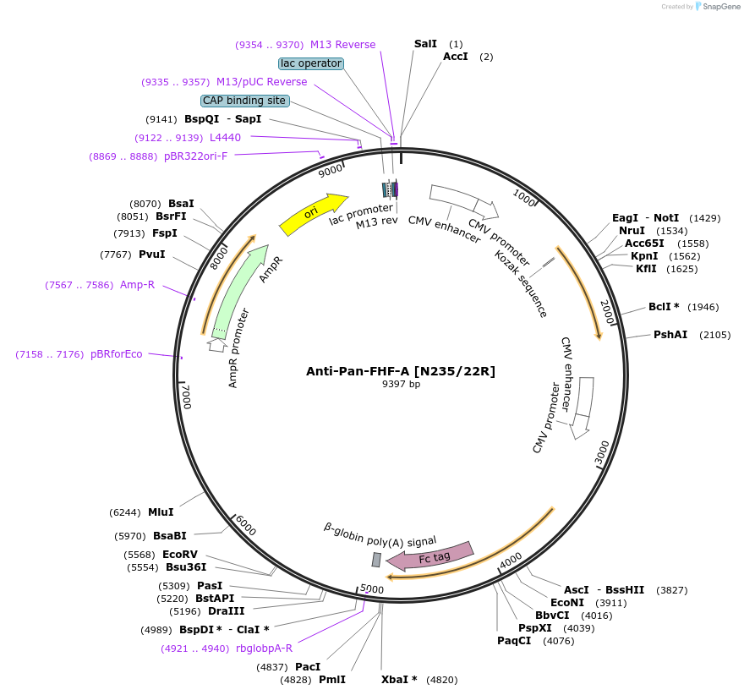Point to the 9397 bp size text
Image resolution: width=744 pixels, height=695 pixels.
pyautogui.click(x=401, y=384)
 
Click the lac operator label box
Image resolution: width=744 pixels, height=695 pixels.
pyautogui.click(x=310, y=63)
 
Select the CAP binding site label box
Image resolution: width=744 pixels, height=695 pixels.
pyautogui.click(x=244, y=101)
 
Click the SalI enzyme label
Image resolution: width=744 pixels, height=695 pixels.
pyautogui.click(x=425, y=43)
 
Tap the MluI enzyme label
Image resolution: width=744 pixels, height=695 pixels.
pyautogui.click(x=161, y=512)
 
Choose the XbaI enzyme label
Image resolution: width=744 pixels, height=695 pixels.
pyautogui.click(x=399, y=680)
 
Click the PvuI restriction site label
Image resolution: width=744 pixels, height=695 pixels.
pyautogui.click(x=151, y=254)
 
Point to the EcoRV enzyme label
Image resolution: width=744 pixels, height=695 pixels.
pyautogui.click(x=180, y=555)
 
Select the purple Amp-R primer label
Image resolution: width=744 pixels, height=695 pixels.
pyautogui.click(x=137, y=285)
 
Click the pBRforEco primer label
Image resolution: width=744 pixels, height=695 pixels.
pyautogui.click(x=117, y=354)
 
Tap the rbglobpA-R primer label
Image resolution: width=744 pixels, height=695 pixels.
pyautogui.click(x=264, y=648)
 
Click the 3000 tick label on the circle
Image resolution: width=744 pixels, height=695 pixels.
pyautogui.click(x=601, y=453)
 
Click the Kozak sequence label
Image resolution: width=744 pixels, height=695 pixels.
pyautogui.click(x=522, y=283)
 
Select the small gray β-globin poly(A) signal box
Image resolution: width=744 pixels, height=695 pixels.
pyautogui.click(x=376, y=560)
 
